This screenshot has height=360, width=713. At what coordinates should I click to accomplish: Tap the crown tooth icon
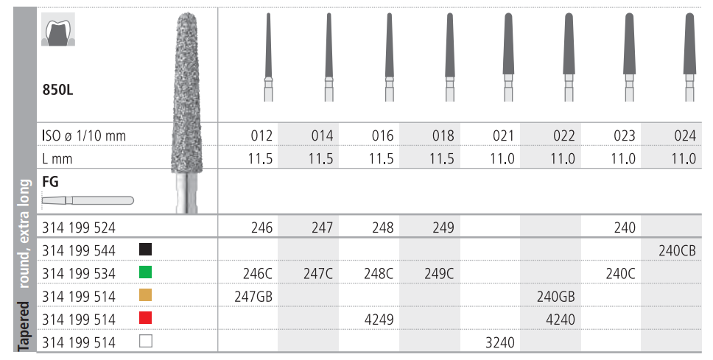click(58, 29)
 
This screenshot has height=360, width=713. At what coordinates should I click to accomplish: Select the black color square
click(146, 249)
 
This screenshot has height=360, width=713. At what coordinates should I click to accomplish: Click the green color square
click(146, 272)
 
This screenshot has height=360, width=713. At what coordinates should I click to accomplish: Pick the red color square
click(146, 318)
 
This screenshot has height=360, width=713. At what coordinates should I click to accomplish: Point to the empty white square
click(146, 341)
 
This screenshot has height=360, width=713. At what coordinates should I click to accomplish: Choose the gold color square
click(146, 295)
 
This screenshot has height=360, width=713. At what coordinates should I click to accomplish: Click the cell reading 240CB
click(677, 250)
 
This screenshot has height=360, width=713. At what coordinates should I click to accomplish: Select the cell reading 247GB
click(253, 297)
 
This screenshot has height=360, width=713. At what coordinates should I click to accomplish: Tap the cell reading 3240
click(499, 342)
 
